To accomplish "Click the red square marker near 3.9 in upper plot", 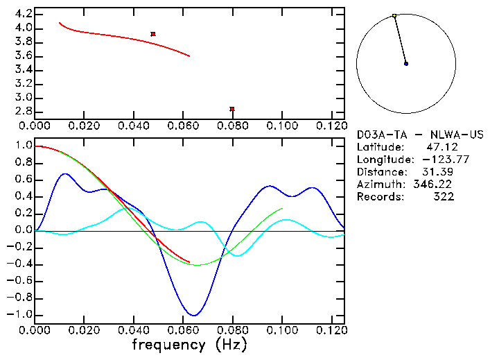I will pyautogui.click(x=153, y=34).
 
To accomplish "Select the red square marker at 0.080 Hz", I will pyautogui.click(x=232, y=109).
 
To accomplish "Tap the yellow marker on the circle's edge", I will pyautogui.click(x=394, y=15).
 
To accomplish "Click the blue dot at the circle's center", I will pyautogui.click(x=406, y=64).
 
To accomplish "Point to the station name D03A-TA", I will pyautogui.click(x=378, y=135).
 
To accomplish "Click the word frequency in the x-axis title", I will pyautogui.click(x=164, y=344).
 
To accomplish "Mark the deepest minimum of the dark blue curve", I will pyautogui.click(x=195, y=316).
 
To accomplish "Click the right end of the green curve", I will pyautogui.click(x=282, y=208).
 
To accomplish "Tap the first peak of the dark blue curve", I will pyautogui.click(x=65, y=174).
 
